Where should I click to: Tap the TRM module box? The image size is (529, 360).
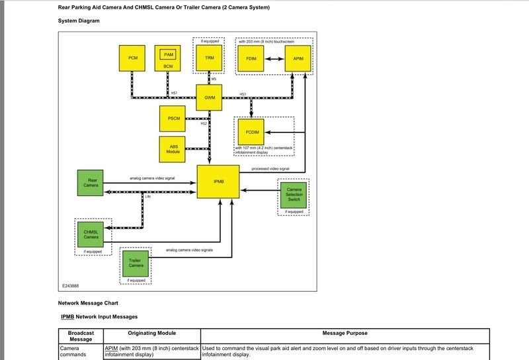209,58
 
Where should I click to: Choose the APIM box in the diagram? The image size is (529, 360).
297,58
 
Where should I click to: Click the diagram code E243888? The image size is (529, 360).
72,285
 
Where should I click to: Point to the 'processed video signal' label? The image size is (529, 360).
271,169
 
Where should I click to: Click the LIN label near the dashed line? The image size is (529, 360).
147,197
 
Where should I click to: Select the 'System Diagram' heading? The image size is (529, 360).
79,21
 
